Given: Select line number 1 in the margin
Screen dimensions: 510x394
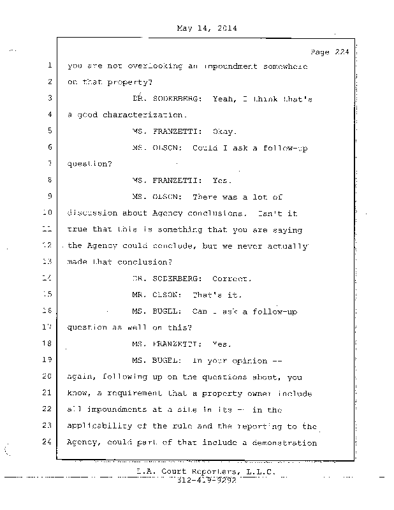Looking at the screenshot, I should point(49,66).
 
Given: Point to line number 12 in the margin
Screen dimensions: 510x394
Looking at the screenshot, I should point(48,245).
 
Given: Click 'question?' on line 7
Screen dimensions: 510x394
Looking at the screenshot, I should point(89,164).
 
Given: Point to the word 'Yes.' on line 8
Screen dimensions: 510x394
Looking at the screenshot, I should point(204,180).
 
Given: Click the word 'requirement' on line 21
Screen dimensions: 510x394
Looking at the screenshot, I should point(128,393).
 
